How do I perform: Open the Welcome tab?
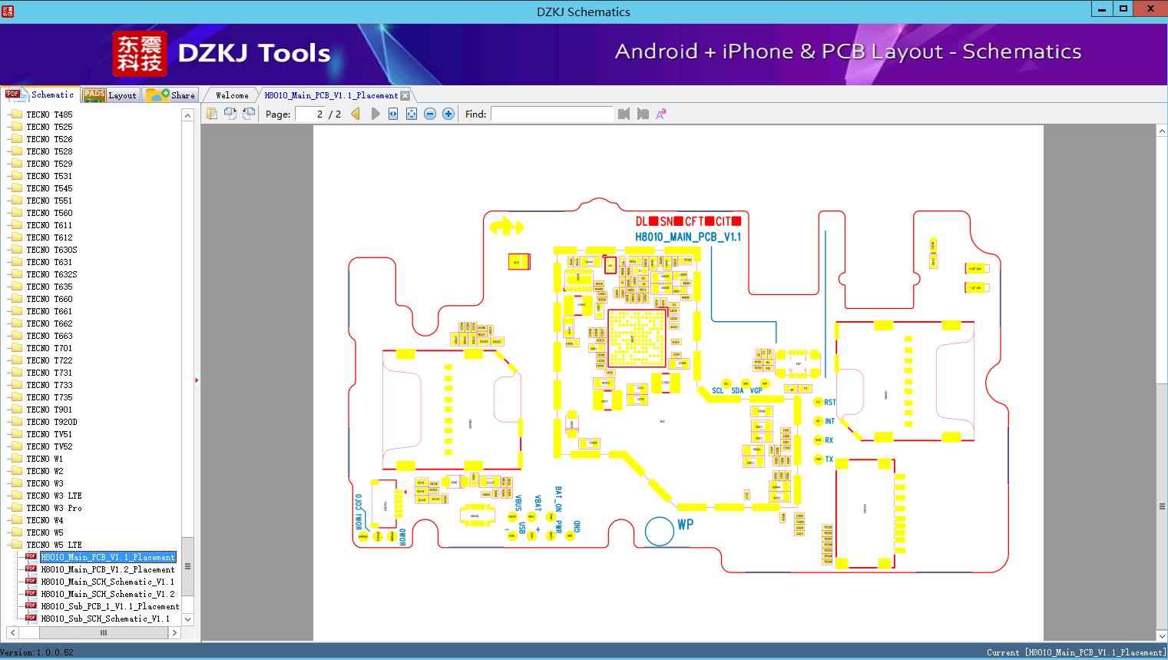(232, 95)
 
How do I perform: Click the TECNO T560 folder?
(49, 213)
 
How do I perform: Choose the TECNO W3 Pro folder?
(54, 508)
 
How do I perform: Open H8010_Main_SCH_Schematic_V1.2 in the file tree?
(108, 594)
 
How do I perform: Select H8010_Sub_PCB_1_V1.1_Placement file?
(110, 606)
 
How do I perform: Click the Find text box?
(551, 114)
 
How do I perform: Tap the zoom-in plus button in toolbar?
(448, 114)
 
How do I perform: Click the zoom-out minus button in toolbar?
(430, 114)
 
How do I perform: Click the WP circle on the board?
(659, 530)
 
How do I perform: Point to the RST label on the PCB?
(830, 403)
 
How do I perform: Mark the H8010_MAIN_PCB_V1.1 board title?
(688, 237)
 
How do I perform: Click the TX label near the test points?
(829, 459)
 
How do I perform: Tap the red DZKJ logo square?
(139, 54)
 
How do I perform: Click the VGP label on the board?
(756, 391)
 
